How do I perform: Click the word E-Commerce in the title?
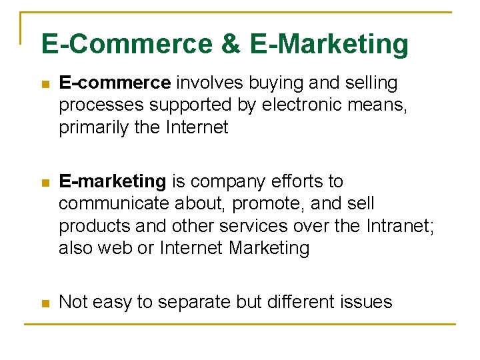[x=124, y=45]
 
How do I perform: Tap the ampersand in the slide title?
[x=229, y=45]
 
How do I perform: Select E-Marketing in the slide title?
[x=329, y=45]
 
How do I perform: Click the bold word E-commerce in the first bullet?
[x=115, y=83]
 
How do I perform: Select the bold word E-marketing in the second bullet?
[x=113, y=181]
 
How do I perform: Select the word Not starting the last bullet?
[x=72, y=302]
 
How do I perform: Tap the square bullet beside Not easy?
[x=45, y=303]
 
